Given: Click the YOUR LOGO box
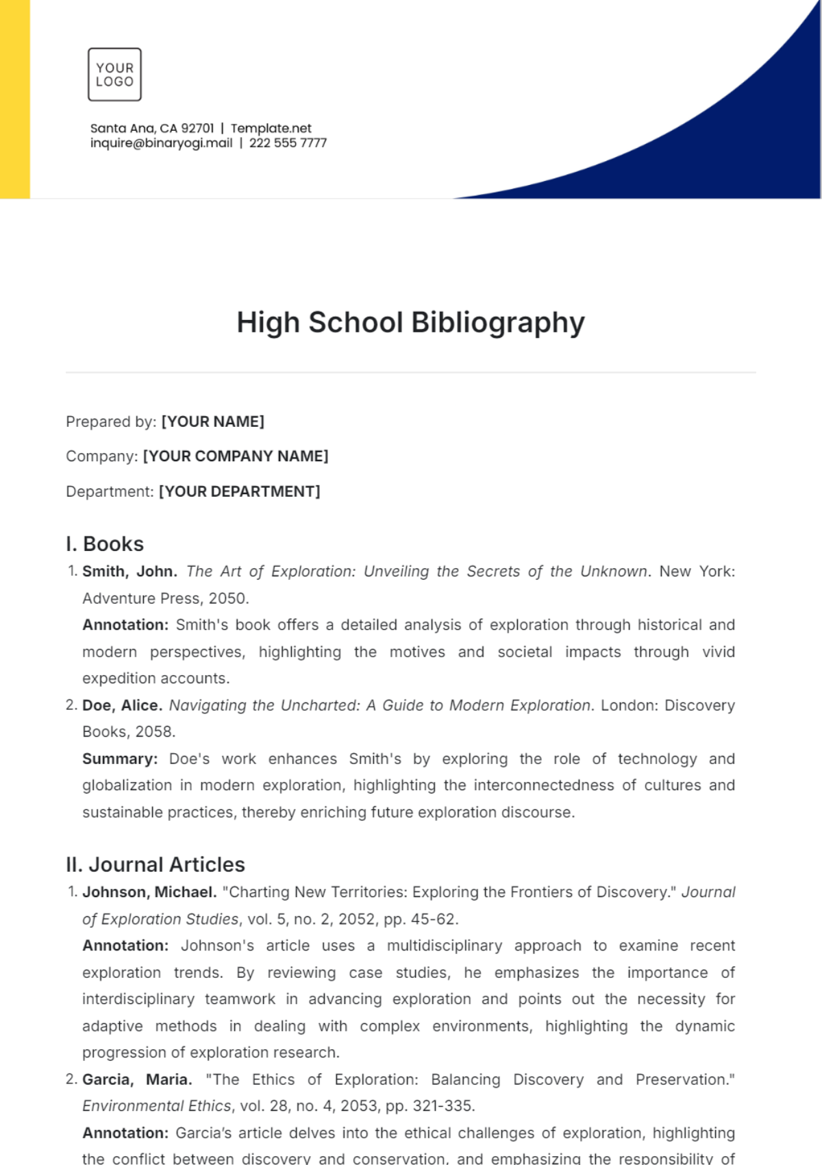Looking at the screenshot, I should click(x=114, y=75).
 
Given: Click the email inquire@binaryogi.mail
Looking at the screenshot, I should click(x=161, y=143).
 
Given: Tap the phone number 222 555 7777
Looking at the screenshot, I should click(x=288, y=143).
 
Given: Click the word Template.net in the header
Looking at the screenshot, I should click(x=271, y=128).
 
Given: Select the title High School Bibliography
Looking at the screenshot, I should click(x=410, y=323).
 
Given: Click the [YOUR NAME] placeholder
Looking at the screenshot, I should click(x=212, y=421).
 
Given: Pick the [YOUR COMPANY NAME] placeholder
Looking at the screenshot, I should click(x=235, y=456).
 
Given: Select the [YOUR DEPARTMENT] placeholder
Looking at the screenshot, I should click(x=239, y=491).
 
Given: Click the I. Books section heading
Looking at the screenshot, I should click(x=105, y=544).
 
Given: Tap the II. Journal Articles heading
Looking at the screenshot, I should click(x=155, y=865).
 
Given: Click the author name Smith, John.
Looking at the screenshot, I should click(x=129, y=572).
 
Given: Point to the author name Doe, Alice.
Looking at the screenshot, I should click(x=122, y=705).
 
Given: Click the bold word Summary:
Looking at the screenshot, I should click(x=120, y=759).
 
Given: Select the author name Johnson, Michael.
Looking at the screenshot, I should click(x=149, y=892).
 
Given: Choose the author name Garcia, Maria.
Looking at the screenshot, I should click(x=137, y=1079).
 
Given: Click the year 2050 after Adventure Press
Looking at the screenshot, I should click(x=227, y=598).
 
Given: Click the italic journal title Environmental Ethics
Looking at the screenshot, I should click(x=157, y=1106).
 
